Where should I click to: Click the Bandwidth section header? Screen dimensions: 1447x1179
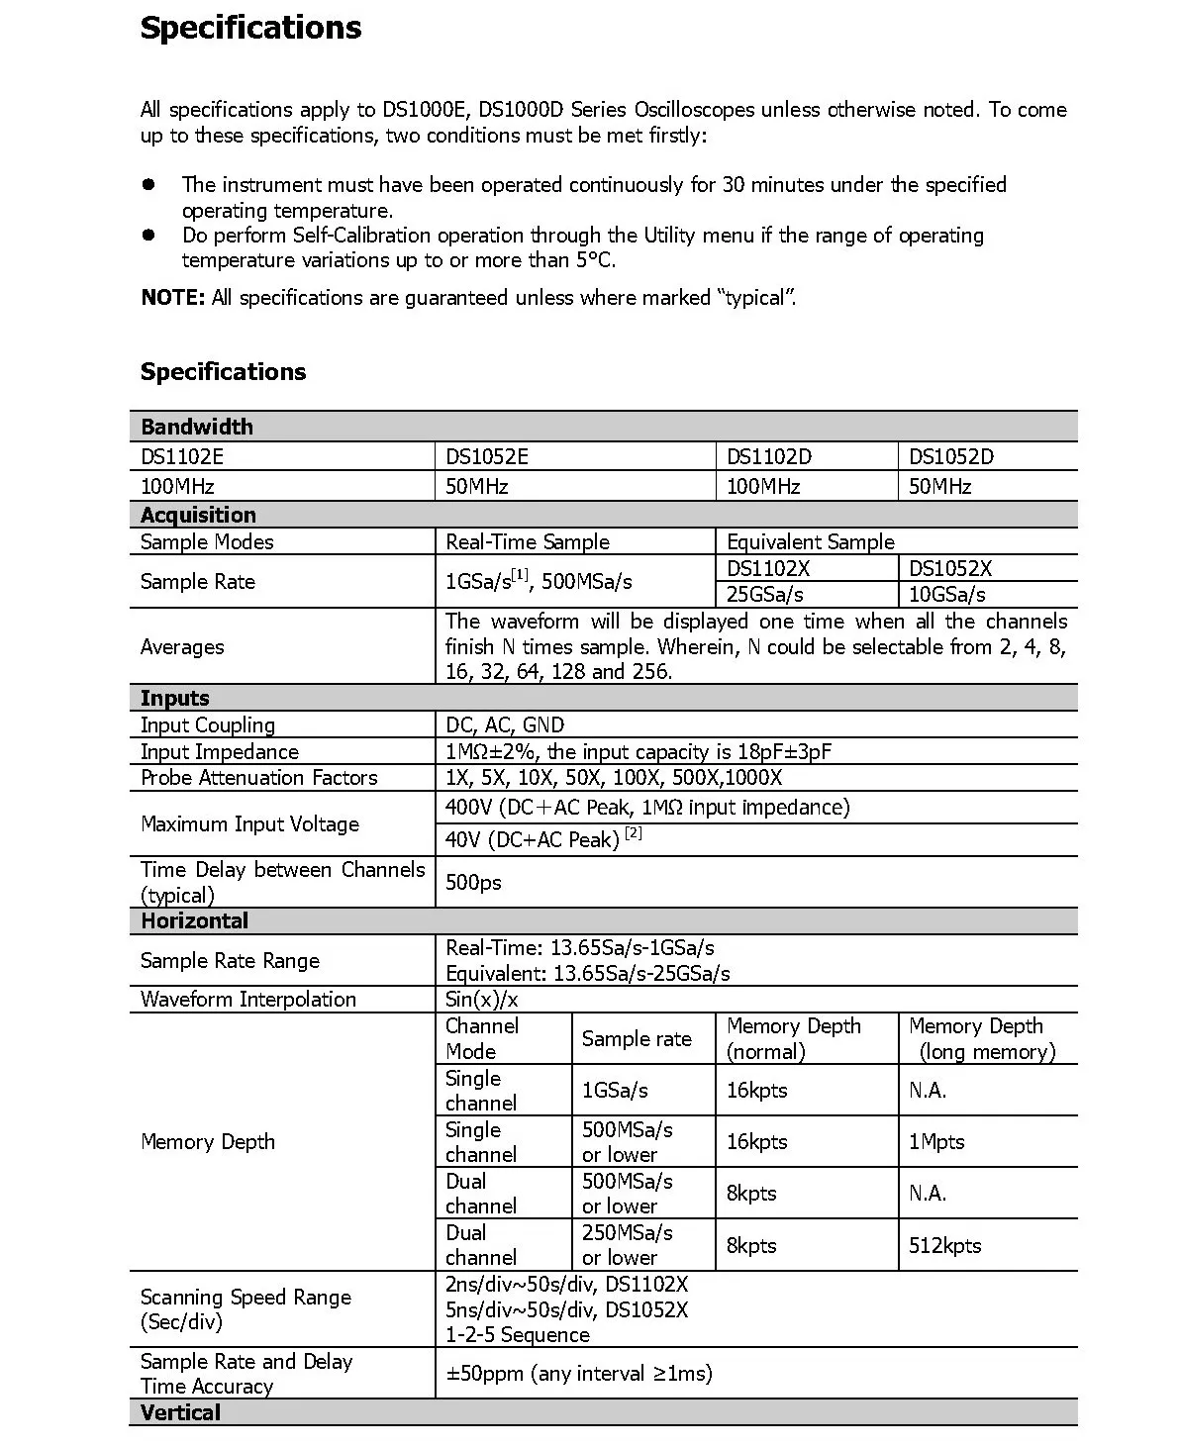pyautogui.click(x=197, y=427)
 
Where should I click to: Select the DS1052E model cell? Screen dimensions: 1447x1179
pyautogui.click(x=487, y=456)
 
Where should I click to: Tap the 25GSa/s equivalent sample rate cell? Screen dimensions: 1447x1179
pyautogui.click(x=765, y=594)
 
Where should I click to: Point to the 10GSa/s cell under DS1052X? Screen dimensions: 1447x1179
pyautogui.click(x=947, y=594)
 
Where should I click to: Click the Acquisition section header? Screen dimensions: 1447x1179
pyautogui.click(x=198, y=515)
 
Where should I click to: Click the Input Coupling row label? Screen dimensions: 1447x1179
pyautogui.click(x=208, y=725)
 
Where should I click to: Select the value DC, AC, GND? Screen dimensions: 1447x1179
pyautogui.click(x=505, y=725)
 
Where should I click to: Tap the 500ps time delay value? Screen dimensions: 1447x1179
pyautogui.click(x=473, y=882)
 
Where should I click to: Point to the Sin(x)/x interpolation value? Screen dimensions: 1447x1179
pyautogui.click(x=482, y=1000)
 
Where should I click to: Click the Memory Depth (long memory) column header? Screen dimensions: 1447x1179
pyautogui.click(x=982, y=1039)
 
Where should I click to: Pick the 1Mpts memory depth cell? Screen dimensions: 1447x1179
pyautogui.click(x=936, y=1142)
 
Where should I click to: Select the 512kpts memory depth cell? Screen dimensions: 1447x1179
pyautogui.click(x=944, y=1245)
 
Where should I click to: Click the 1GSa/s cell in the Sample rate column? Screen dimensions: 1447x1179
pyautogui.click(x=615, y=1091)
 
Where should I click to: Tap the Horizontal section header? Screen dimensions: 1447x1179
pyautogui.click(x=194, y=921)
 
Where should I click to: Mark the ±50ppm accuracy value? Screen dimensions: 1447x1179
pyautogui.click(x=579, y=1374)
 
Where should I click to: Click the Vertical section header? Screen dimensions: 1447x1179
pyautogui.click(x=180, y=1413)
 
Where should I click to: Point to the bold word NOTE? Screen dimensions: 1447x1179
pyautogui.click(x=173, y=298)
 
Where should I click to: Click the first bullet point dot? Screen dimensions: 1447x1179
pyautogui.click(x=149, y=184)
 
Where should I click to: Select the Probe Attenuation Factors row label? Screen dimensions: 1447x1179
pyautogui.click(x=259, y=778)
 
